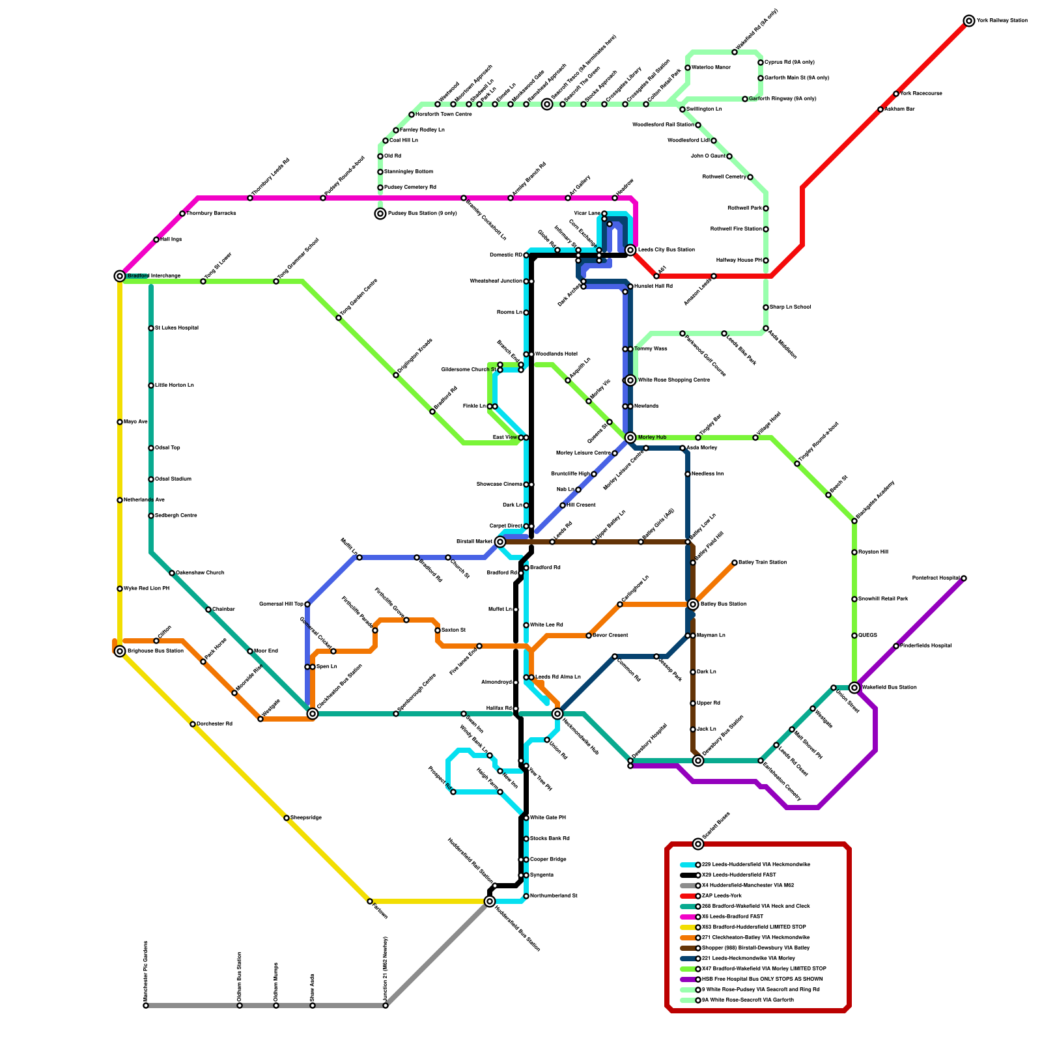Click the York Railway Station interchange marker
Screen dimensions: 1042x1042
click(969, 21)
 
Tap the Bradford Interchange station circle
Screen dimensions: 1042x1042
click(120, 276)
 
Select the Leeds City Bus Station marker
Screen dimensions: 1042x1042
click(630, 250)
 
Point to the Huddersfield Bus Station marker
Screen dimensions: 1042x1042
click(490, 901)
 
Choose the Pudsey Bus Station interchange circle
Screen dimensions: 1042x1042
click(380, 214)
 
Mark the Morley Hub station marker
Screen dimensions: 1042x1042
click(630, 438)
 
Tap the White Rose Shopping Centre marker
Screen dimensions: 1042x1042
click(630, 380)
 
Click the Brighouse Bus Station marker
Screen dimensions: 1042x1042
click(120, 651)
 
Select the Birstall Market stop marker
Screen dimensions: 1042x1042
click(500, 542)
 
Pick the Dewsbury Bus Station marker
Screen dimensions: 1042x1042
click(698, 761)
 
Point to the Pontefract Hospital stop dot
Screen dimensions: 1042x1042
click(964, 578)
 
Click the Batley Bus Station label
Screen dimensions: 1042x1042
click(723, 604)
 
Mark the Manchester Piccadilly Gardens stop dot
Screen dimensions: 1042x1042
click(146, 1006)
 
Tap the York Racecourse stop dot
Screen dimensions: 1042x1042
click(896, 94)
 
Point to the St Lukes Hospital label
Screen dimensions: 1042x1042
click(176, 328)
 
